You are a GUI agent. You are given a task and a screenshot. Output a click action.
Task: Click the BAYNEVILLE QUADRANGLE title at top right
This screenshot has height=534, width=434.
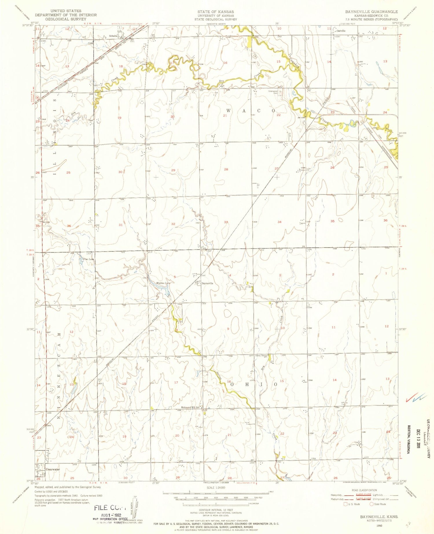coord(371,12)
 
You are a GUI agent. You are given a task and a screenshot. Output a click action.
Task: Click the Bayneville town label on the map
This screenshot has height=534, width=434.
coord(207,283)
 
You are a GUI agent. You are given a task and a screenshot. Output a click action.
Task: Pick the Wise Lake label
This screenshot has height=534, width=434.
coord(88,259)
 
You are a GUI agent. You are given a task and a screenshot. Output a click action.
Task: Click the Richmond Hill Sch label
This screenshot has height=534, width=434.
coord(190,408)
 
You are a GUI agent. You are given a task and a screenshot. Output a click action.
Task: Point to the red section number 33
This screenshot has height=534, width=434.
coord(226,222)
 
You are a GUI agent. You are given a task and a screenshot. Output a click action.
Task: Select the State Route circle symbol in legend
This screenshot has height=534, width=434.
coord(372,504)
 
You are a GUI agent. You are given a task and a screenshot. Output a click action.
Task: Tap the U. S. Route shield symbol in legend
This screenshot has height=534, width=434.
coord(345,504)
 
